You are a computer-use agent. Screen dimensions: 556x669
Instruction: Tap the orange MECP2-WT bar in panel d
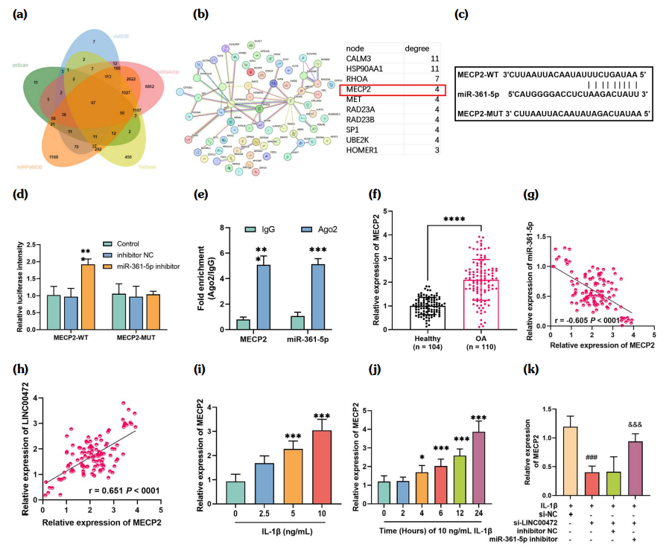click(x=89, y=294)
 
